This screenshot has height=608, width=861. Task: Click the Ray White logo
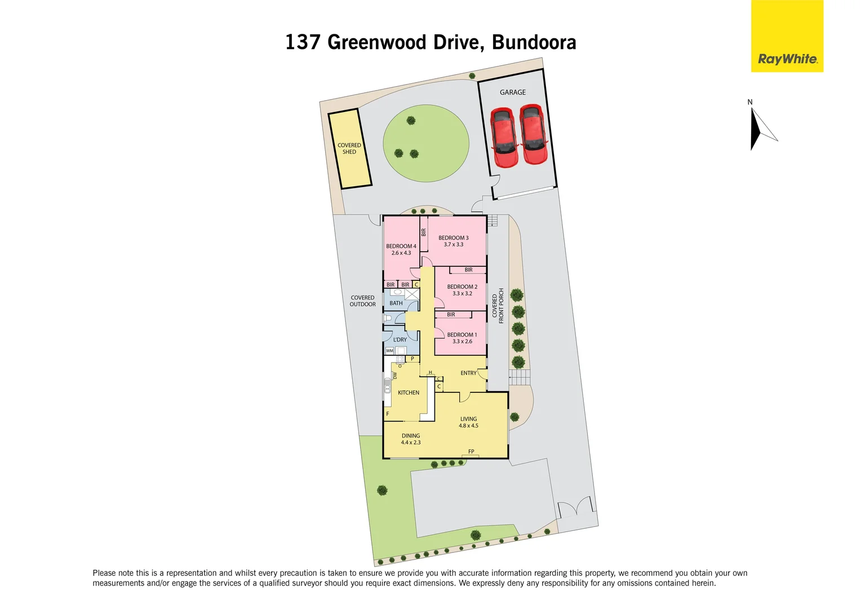[787, 59]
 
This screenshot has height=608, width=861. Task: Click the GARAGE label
[512, 92]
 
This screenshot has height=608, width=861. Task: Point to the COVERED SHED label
[349, 149]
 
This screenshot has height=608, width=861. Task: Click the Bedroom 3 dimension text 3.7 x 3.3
[453, 245]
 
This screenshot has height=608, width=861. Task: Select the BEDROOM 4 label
[401, 246]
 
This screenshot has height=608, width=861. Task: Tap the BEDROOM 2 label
[462, 287]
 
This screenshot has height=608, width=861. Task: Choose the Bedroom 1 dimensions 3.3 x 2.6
[462, 342]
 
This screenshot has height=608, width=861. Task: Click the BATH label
[396, 303]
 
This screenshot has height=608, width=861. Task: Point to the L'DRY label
[400, 340]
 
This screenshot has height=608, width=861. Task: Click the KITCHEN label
[409, 393]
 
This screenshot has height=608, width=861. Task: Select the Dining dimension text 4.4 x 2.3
[411, 443]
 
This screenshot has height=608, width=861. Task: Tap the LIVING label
[468, 419]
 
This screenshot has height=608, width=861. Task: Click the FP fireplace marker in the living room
[471, 451]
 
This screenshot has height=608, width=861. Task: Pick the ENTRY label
[468, 373]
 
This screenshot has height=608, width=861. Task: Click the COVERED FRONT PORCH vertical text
[498, 309]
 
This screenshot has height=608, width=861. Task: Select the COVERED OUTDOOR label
[362, 301]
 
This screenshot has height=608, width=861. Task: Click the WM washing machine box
[389, 351]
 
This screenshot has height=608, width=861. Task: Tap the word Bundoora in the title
[534, 42]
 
